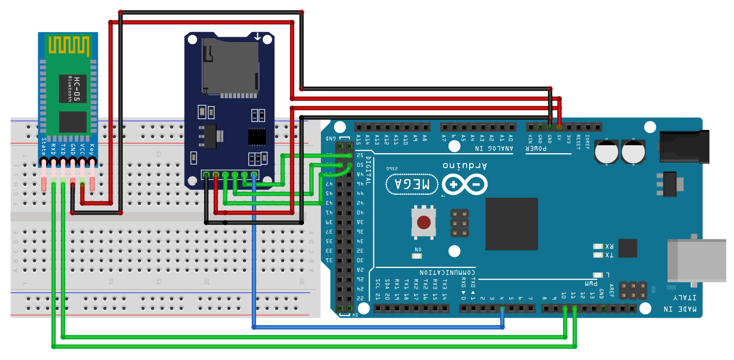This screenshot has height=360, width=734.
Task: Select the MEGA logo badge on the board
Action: tap(412, 184)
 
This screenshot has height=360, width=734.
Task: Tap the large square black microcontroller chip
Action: tap(512, 224)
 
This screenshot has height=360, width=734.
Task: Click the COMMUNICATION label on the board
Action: tap(447, 272)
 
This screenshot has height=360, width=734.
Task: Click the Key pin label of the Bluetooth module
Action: tap(92, 148)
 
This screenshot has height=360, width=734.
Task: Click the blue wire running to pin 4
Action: tap(377, 327)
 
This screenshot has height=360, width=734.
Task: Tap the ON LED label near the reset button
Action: tap(418, 249)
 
